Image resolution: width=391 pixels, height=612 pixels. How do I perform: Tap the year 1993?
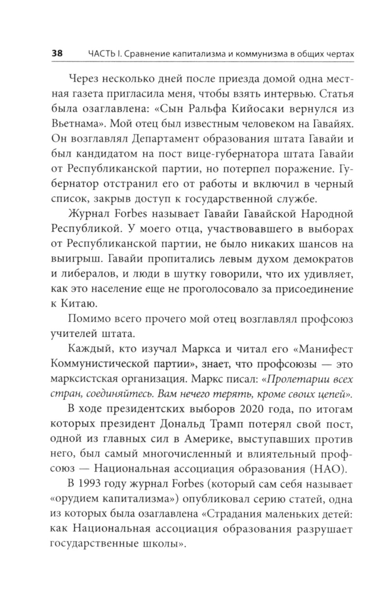[93, 484]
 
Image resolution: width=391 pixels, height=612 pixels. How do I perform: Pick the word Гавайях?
[333, 124]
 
